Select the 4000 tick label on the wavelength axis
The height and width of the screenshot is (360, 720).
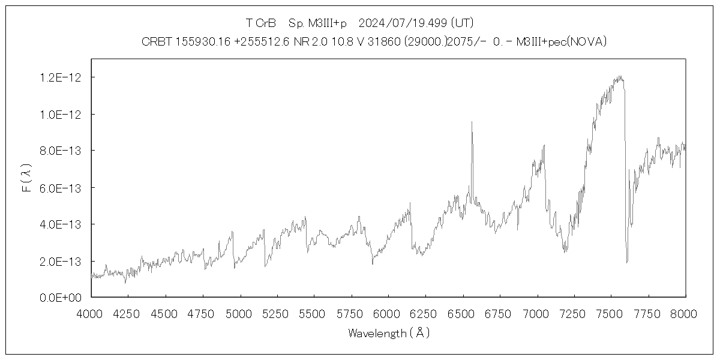91,313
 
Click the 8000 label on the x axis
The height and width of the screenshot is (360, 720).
685,313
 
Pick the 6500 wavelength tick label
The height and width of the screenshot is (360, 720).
463,313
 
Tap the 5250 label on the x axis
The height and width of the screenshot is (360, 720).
277,313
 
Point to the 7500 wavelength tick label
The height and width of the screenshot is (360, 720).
611,313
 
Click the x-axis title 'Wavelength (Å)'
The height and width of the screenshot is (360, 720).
389,333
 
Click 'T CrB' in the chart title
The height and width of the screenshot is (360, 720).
261,23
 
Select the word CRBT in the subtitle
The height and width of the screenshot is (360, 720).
154,41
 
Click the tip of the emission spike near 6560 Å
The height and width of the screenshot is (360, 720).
472,122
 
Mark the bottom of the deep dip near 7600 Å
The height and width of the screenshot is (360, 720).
627,262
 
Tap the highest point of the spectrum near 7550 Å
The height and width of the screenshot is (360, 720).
620,76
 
